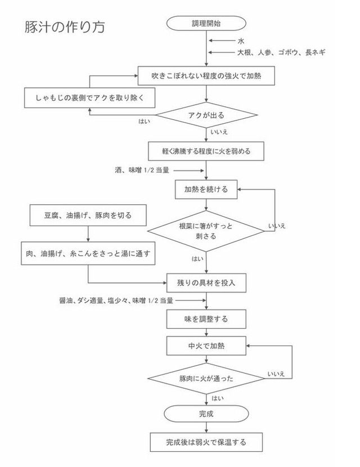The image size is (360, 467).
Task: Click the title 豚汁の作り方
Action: click(64, 27)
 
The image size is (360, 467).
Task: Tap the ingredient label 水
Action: click(240, 41)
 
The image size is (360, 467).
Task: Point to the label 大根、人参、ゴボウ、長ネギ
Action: click(281, 52)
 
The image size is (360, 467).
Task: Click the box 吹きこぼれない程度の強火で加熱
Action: click(206, 75)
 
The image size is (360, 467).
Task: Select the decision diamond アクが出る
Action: click(206, 115)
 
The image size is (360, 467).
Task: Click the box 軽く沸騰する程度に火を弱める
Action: click(206, 151)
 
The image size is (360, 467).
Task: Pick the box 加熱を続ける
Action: click(206, 190)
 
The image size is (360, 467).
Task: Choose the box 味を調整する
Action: click(206, 319)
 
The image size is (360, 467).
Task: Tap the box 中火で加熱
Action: click(206, 344)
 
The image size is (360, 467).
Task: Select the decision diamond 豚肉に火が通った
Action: click(206, 379)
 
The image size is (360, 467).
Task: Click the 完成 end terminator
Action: click(206, 414)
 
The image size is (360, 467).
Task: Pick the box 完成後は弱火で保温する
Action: click(206, 442)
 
